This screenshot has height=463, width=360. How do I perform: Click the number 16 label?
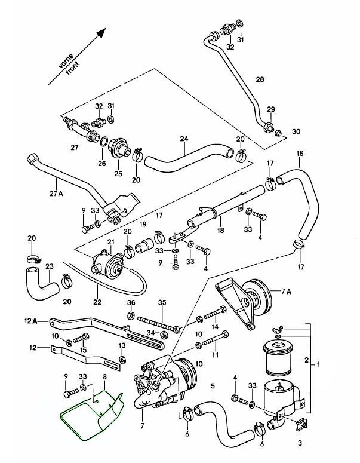300,154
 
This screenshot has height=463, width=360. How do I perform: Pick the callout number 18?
220,230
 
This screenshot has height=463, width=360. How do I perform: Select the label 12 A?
32,321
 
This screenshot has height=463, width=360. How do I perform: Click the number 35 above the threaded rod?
161,303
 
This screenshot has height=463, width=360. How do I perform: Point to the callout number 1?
335,364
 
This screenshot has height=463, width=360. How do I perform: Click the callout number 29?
270,109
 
